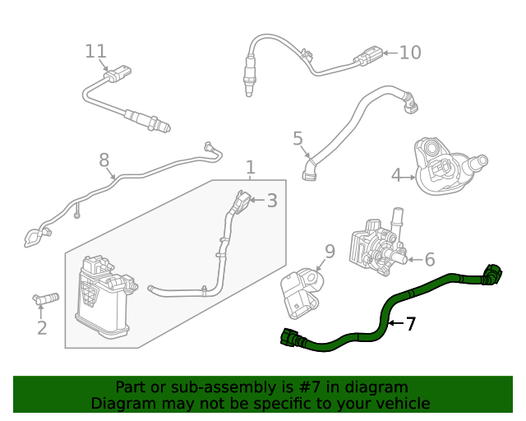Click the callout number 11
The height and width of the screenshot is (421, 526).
tap(96, 51)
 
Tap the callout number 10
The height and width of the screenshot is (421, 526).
tap(410, 53)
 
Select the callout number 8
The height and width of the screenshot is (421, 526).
tap(104, 159)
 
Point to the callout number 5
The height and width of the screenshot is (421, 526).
tap(298, 138)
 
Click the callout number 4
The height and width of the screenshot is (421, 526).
tap(397, 175)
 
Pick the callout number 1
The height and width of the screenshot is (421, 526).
tap(250, 168)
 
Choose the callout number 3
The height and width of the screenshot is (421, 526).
tap(271, 200)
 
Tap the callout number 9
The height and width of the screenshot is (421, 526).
tap(329, 251)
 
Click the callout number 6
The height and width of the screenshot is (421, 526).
tap(430, 260)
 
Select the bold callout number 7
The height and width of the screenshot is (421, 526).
tap(411, 324)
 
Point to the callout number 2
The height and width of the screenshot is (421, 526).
tap(41, 328)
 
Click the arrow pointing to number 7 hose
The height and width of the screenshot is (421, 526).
tap(394, 324)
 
